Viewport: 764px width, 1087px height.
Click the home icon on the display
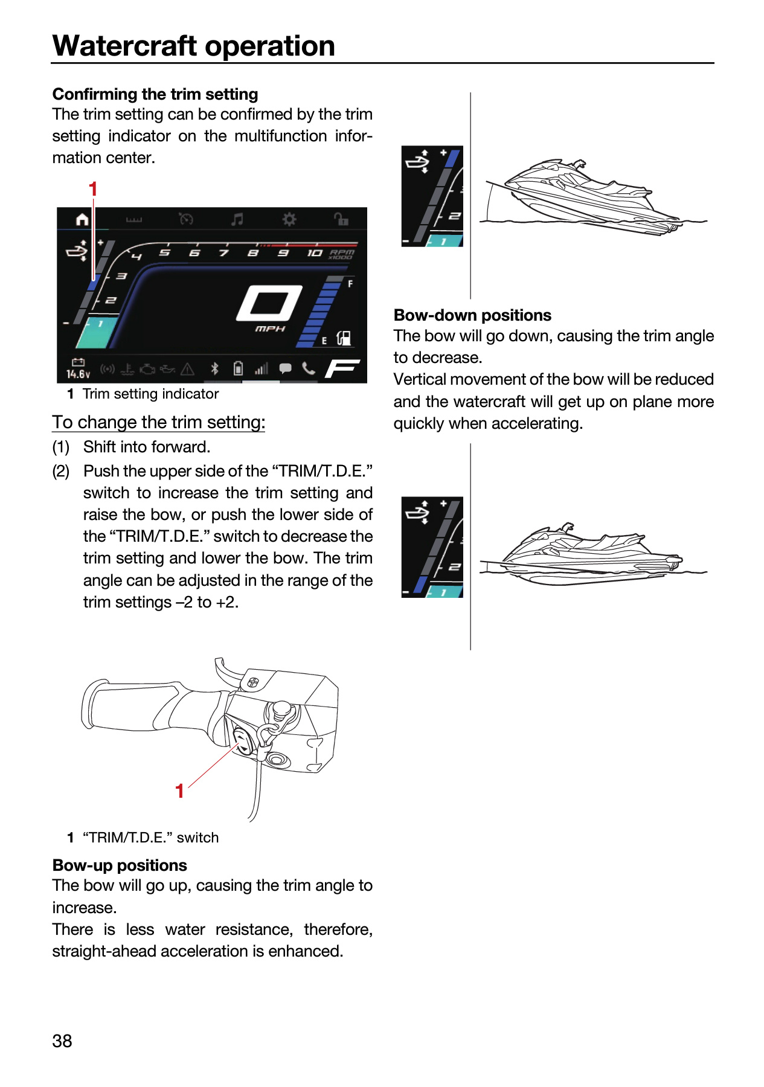pyautogui.click(x=82, y=219)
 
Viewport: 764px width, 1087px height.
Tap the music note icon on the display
pyautogui.click(x=237, y=219)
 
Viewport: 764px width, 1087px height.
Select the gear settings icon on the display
pyautogui.click(x=289, y=219)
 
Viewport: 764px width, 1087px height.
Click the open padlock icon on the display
pyautogui.click(x=341, y=219)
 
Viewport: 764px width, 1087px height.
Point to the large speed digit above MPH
pyautogui.click(x=269, y=303)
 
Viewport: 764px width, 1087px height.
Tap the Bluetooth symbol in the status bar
pyautogui.click(x=214, y=368)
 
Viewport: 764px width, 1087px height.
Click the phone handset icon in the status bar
pyautogui.click(x=309, y=368)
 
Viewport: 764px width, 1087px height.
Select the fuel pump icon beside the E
pyautogui.click(x=344, y=338)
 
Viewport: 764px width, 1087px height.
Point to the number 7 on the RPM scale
pyautogui.click(x=224, y=252)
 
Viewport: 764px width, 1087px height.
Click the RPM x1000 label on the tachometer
pyautogui.click(x=342, y=254)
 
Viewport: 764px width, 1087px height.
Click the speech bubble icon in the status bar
pyautogui.click(x=285, y=368)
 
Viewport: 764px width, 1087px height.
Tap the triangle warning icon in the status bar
pyautogui.click(x=188, y=368)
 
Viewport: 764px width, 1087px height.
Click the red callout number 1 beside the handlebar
pyautogui.click(x=179, y=791)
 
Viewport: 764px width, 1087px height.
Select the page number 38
pyautogui.click(x=62, y=1041)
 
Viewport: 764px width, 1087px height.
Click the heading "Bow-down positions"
pyautogui.click(x=472, y=315)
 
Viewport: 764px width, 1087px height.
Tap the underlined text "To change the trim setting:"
pyautogui.click(x=158, y=422)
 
